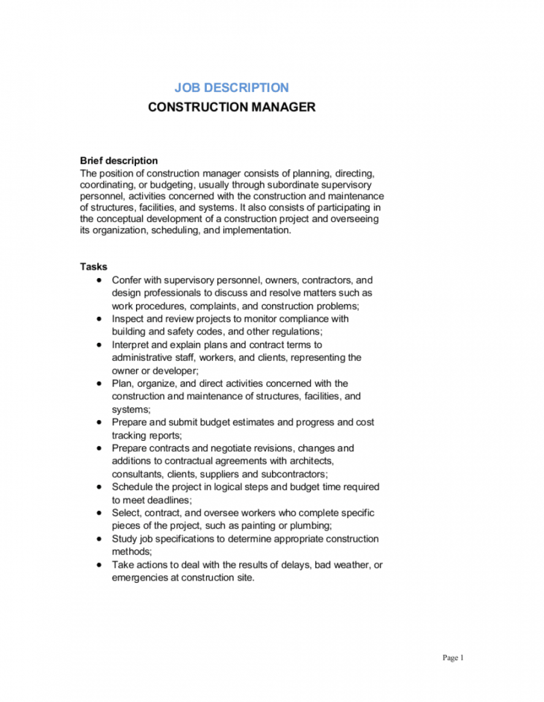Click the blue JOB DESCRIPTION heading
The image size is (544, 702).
click(232, 88)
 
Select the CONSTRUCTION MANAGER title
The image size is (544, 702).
click(232, 107)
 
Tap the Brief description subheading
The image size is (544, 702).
click(119, 161)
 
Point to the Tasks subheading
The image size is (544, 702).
click(94, 267)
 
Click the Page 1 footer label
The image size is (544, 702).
click(453, 658)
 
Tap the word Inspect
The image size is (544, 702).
click(128, 319)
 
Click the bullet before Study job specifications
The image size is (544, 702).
click(99, 539)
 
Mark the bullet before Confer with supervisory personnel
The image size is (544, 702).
click(99, 280)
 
